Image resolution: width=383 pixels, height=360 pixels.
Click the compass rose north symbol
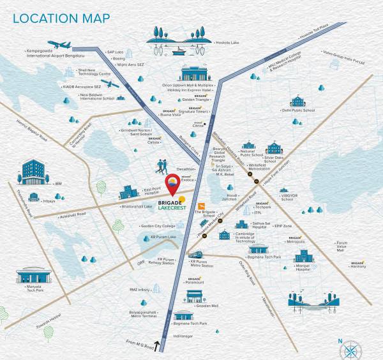tap(351, 349)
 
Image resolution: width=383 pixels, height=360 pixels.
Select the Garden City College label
tap(158, 226)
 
